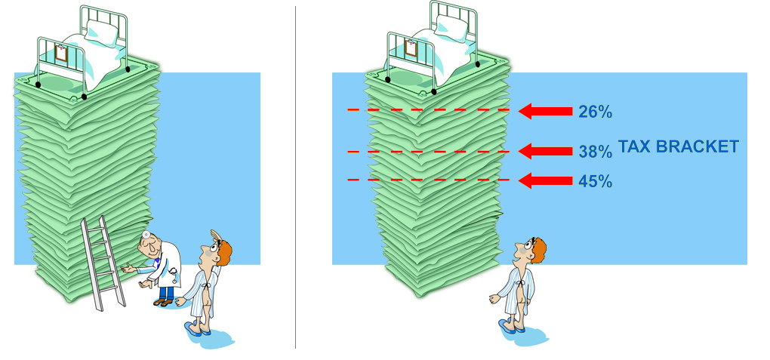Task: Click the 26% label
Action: (x=595, y=112)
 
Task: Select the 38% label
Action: (x=595, y=152)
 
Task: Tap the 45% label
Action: (x=595, y=181)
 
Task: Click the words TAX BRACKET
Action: (x=678, y=146)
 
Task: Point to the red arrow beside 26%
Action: (x=546, y=112)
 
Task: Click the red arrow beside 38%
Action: (x=546, y=151)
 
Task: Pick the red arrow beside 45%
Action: (x=546, y=180)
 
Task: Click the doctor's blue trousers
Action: (x=167, y=293)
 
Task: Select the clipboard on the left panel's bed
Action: (x=61, y=53)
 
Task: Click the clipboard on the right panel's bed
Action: (x=411, y=48)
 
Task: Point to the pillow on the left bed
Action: (x=102, y=33)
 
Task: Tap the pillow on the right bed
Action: (x=451, y=28)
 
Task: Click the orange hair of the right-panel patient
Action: (x=538, y=250)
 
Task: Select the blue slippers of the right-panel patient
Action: (x=511, y=326)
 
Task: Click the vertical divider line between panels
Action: (x=296, y=177)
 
